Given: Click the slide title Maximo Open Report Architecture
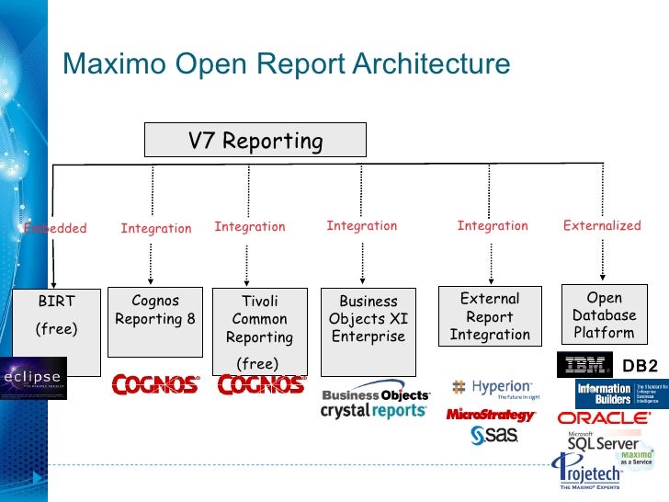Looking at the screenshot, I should tap(285, 64).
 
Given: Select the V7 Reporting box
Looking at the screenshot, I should tap(255, 141).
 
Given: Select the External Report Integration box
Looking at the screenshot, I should tap(490, 316).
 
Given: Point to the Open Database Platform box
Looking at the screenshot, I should tap(604, 314).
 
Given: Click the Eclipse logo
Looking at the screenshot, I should tap(33, 378).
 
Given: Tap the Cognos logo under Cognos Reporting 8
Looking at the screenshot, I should tap(155, 384).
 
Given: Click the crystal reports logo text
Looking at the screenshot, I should tap(373, 411).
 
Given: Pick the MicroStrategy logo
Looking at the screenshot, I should tap(490, 415).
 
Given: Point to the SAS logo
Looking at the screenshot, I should tap(494, 435).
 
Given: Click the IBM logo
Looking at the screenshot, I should tap(584, 365).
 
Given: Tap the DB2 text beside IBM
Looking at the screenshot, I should tap(640, 366).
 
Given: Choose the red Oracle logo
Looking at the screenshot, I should tap(603, 417).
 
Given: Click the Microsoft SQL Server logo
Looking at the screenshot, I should tap(597, 441).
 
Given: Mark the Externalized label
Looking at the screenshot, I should tap(602, 225).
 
